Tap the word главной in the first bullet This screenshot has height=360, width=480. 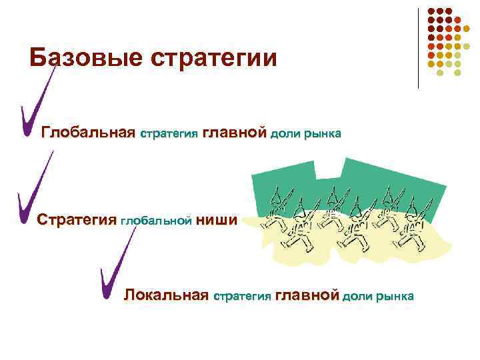(234, 133)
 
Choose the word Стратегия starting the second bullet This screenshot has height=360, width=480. (77, 219)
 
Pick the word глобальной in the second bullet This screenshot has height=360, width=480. (157, 221)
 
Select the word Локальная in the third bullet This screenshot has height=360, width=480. (167, 295)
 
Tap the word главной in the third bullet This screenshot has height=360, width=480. (307, 295)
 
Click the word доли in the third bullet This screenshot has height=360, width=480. (357, 296)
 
